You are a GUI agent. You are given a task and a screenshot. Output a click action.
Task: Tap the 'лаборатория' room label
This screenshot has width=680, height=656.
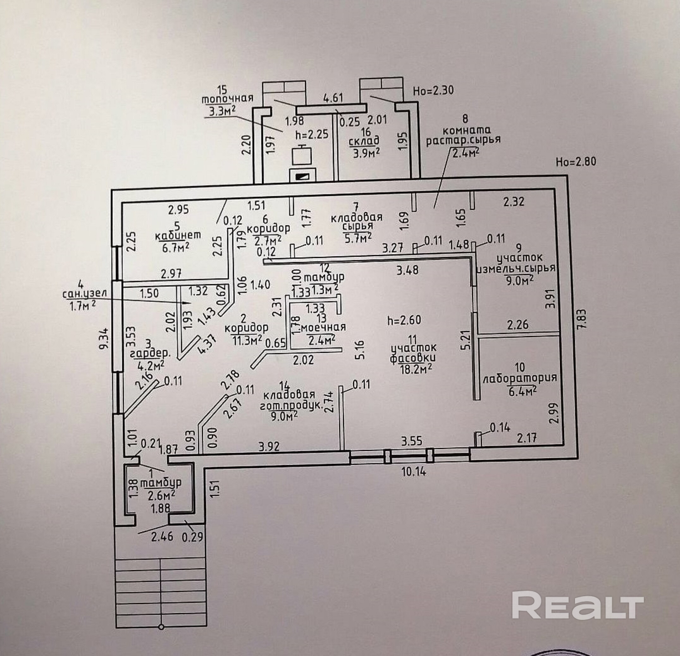coord(520,377)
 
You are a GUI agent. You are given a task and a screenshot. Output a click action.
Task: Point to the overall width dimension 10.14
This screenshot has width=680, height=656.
coord(414,472)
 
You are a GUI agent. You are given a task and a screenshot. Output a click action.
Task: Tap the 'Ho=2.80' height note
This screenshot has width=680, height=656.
coord(576,162)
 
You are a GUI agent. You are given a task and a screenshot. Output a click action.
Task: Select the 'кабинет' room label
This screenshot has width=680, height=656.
coord(178,236)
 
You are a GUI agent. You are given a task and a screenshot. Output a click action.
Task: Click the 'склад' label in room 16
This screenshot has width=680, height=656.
coord(364,141)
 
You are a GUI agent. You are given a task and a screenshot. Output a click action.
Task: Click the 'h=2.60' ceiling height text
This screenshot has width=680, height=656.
coord(404,319)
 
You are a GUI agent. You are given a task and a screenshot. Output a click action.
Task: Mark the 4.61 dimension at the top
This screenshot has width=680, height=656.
coord(333,97)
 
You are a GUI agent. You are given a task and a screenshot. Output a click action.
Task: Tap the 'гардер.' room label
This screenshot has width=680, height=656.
coord(150,354)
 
